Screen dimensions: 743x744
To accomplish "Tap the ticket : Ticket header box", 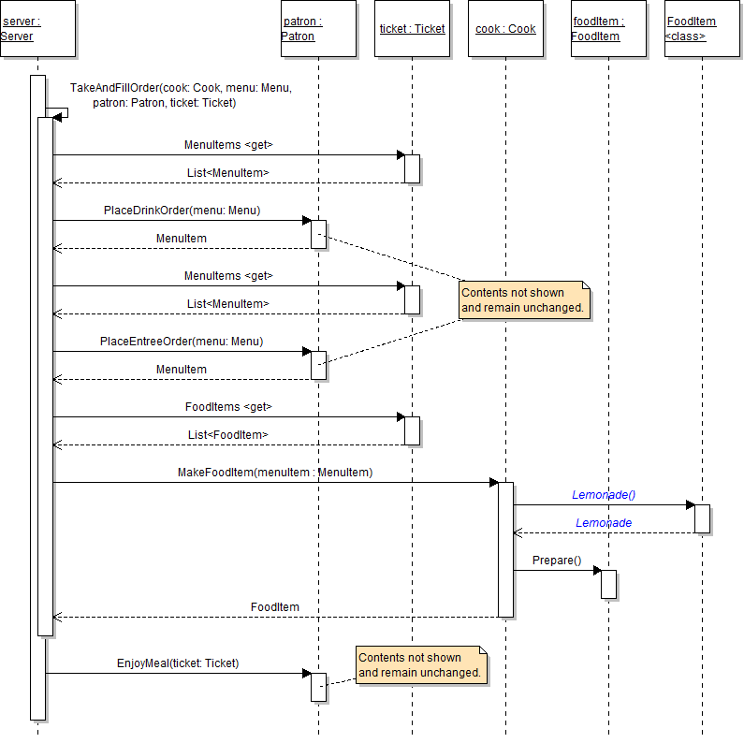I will [x=412, y=29].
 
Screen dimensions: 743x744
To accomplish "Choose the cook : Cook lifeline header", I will [x=505, y=29].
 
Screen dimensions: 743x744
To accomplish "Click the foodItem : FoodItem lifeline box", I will [x=608, y=29].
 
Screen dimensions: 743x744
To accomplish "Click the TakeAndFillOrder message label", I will [x=181, y=95].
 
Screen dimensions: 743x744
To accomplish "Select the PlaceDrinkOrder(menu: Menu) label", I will [x=182, y=211].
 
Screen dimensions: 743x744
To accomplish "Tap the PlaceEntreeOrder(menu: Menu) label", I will [x=182, y=342].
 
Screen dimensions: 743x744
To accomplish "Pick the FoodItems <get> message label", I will [x=228, y=407].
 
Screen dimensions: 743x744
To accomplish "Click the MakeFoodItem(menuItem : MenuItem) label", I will [x=275, y=473].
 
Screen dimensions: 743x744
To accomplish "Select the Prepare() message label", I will [x=557, y=561].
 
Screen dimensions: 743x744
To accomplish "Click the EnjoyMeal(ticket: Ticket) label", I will [x=178, y=663].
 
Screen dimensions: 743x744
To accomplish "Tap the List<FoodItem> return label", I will [x=227, y=435].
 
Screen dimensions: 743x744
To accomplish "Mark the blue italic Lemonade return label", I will [x=604, y=523].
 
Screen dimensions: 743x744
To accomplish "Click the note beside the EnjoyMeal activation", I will [x=421, y=665].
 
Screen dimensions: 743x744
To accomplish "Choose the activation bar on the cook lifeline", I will [x=505, y=549].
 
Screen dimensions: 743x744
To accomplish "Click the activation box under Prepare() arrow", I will [x=608, y=584].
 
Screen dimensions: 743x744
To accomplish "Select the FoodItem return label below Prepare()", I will [x=275, y=607].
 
